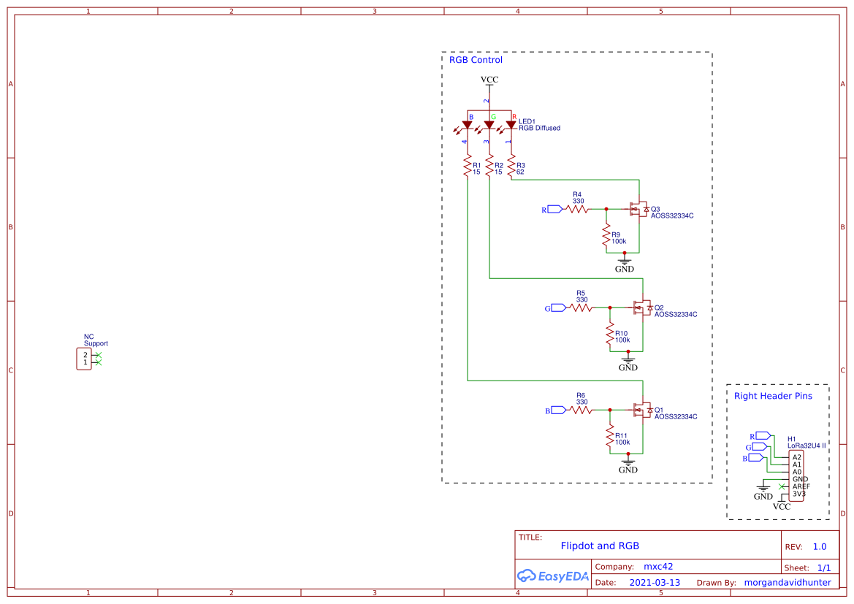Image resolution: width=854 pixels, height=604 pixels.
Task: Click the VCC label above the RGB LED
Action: [489, 79]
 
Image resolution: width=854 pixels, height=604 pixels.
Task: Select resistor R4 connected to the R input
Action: [577, 209]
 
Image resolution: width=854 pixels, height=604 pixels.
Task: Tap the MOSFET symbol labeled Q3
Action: [638, 210]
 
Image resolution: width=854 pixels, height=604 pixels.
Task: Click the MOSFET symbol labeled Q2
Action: [642, 308]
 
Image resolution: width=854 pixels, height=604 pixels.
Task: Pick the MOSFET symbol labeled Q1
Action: [642, 410]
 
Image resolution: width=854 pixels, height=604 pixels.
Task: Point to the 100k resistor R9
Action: [606, 237]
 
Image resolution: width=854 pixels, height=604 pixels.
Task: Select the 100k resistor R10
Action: [610, 335]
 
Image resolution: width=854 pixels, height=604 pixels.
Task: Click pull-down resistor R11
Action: [610, 437]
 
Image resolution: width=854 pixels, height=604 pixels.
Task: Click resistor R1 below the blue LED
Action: [467, 167]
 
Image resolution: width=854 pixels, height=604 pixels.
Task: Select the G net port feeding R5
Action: [558, 308]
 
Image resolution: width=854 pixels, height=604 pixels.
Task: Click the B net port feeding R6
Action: [558, 410]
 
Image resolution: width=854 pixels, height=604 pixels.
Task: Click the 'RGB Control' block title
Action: [476, 60]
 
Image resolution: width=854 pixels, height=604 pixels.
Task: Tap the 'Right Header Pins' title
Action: [773, 396]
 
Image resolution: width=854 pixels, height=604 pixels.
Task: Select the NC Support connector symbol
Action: [84, 359]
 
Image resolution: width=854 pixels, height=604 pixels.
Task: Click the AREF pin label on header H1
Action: [801, 486]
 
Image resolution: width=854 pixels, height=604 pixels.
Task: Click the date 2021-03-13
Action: [655, 583]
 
